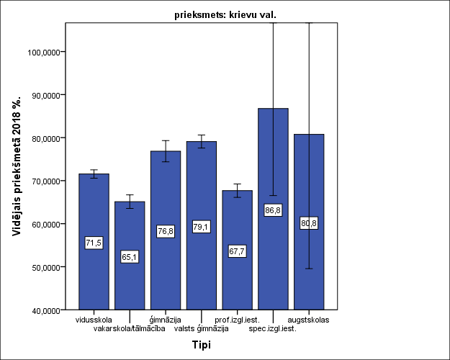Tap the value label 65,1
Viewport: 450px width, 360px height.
[x=130, y=257]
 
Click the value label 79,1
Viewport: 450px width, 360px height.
[x=202, y=227]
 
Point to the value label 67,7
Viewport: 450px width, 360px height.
[x=238, y=251]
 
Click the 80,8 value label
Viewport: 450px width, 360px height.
[x=309, y=223]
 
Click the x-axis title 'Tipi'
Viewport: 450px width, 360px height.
[x=201, y=345]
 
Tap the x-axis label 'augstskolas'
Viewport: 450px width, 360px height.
[x=310, y=319]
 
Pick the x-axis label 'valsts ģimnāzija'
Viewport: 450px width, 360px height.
[x=202, y=328]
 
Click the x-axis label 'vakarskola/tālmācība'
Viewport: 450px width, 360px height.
[x=130, y=328]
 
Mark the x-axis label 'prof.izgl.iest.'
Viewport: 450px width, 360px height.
[x=238, y=319]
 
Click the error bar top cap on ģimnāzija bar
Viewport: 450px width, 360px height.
[x=166, y=140]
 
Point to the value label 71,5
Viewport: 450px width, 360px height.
[x=94, y=243]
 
